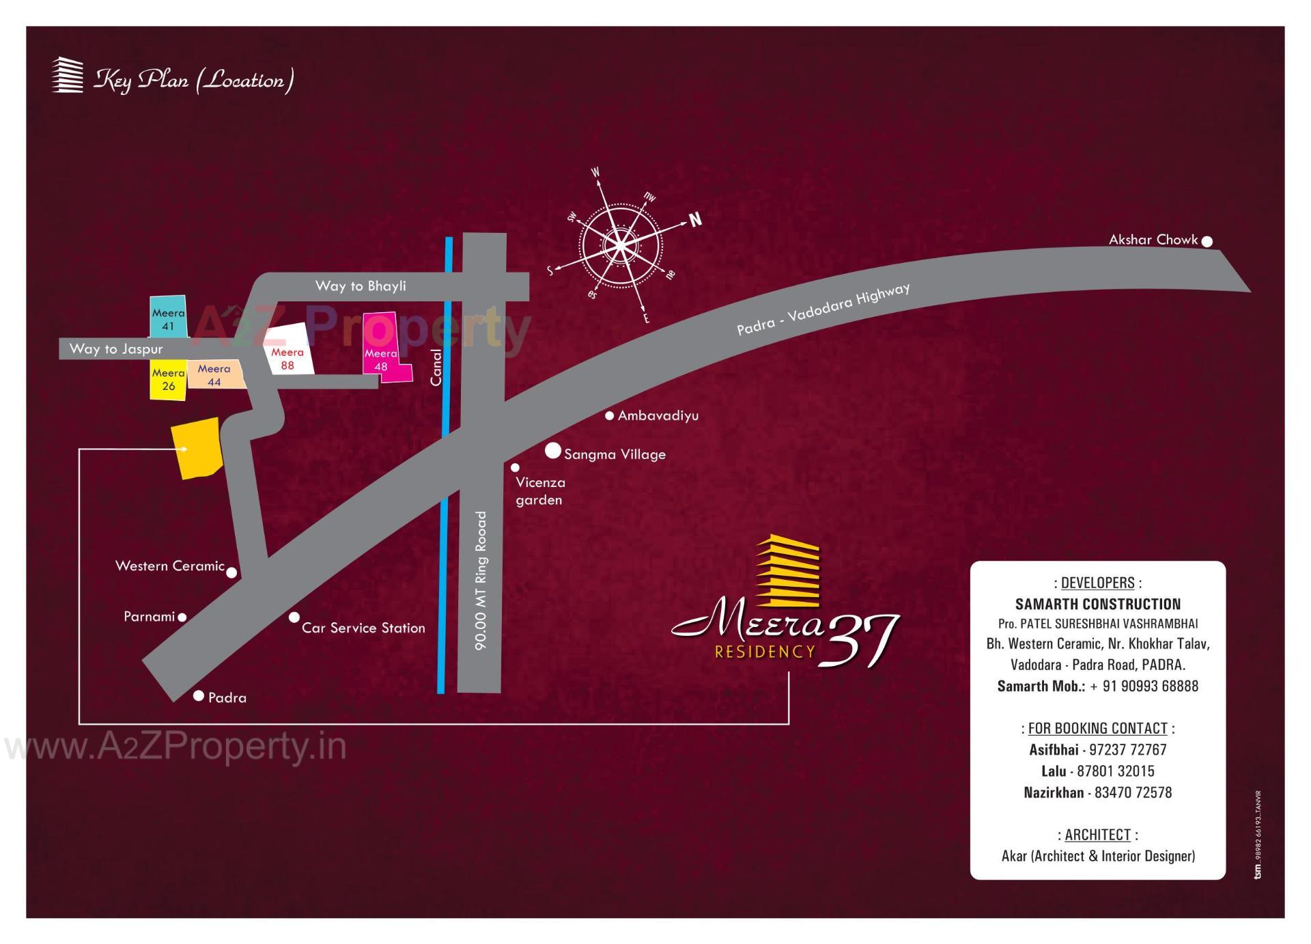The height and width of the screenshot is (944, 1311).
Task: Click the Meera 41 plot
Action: coord(168,317)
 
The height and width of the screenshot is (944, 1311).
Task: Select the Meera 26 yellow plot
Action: coord(168,380)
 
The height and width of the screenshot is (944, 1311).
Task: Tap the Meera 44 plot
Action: coord(215,375)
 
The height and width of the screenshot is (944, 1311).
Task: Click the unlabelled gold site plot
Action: coord(197,447)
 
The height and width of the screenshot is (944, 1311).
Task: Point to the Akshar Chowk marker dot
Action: coord(1207,241)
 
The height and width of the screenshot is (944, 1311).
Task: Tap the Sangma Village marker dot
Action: coord(553,451)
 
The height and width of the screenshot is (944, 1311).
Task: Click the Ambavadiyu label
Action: coord(658,415)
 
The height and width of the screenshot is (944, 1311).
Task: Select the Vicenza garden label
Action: coord(540,491)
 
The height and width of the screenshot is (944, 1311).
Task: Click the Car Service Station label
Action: coord(363,628)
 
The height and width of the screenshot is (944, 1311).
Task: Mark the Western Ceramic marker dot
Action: coord(231,572)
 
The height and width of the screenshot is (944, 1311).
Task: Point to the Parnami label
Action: coord(150,616)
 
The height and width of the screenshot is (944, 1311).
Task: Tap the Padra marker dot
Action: coord(199,696)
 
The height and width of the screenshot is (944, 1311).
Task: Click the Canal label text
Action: coord(436,367)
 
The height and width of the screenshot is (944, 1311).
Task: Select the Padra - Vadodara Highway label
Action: coord(823,309)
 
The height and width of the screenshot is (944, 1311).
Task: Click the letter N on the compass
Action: coord(695,219)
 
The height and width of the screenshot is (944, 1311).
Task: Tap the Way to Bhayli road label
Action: coord(361,286)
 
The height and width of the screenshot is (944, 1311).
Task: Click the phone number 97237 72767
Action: coord(1127,749)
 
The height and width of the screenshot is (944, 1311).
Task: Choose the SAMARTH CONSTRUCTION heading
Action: coord(1097,604)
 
